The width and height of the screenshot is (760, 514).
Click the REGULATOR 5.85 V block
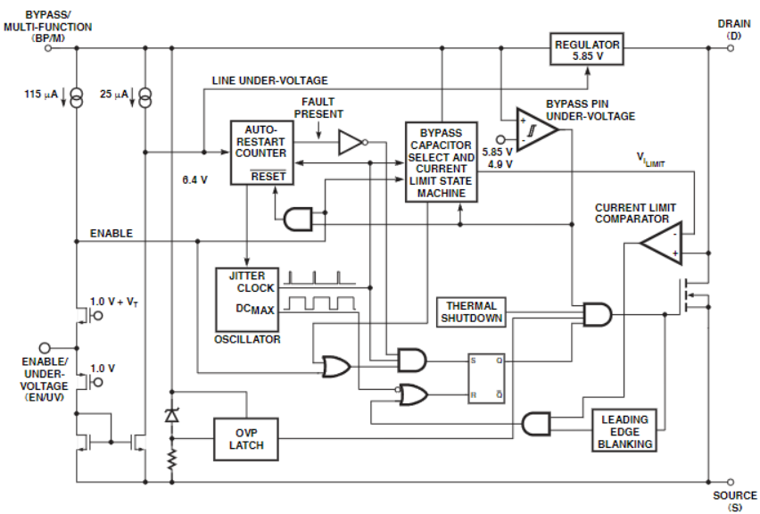[586, 49]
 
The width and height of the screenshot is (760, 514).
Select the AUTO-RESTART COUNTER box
[261, 153]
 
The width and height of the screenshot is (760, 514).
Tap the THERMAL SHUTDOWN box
[471, 312]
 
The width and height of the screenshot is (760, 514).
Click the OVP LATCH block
[246, 439]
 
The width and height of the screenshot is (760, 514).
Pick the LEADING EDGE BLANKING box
[624, 431]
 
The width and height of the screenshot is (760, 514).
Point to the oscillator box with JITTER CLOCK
[247, 299]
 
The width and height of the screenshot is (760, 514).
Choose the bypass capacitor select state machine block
[441, 162]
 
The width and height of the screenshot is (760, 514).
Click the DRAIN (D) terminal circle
[731, 48]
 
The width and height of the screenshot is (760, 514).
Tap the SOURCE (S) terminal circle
[731, 482]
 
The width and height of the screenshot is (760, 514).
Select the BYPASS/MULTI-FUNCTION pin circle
[48, 48]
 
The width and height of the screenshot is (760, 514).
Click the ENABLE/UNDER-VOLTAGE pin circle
[45, 348]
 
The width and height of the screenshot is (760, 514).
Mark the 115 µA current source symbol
[77, 97]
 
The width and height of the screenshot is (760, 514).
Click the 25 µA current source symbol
[145, 97]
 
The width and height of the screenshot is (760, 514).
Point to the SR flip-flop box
[486, 378]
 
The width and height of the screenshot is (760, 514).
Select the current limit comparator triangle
[661, 243]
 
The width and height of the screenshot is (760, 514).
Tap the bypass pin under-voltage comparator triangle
[537, 129]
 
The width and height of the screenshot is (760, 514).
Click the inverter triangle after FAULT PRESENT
[351, 142]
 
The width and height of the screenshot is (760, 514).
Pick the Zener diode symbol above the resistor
[171, 415]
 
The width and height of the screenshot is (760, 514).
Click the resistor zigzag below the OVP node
[171, 460]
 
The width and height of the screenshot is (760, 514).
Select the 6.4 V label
[194, 180]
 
